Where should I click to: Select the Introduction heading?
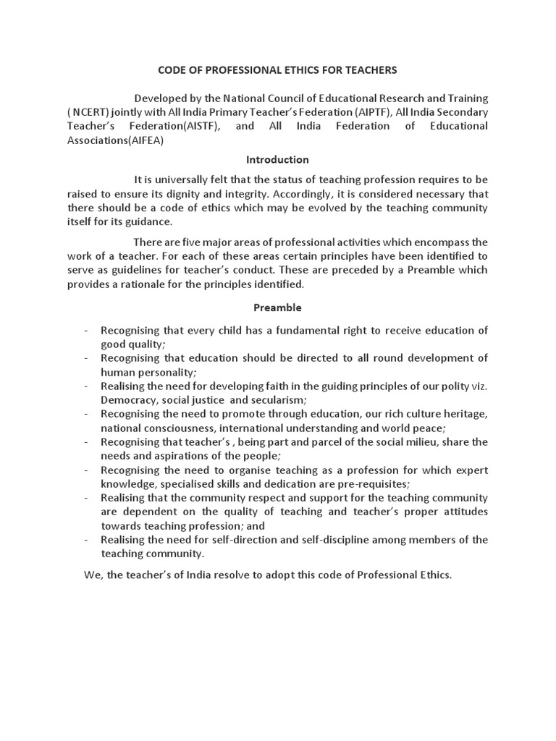tap(277, 159)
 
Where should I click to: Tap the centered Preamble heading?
tap(277, 308)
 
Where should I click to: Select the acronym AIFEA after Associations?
tap(146, 140)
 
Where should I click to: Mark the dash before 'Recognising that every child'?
tap(85, 331)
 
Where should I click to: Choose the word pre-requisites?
tap(370, 483)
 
